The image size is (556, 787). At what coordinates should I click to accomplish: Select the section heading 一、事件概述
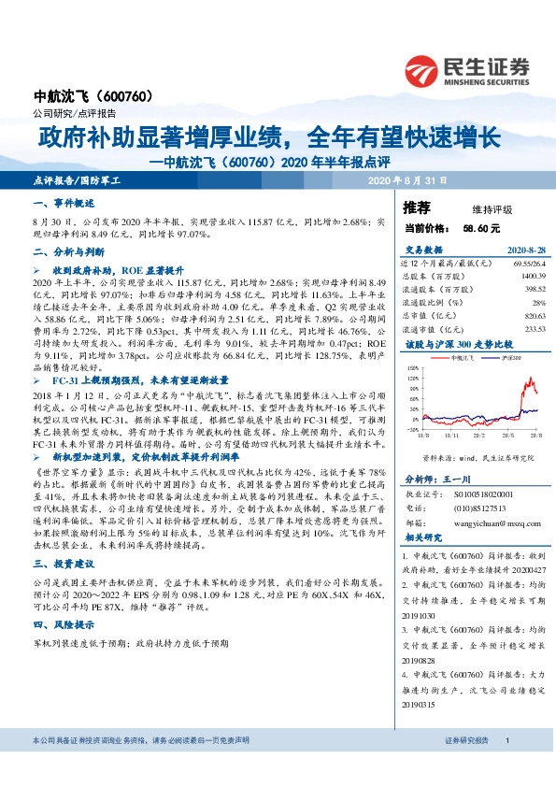click(x=64, y=203)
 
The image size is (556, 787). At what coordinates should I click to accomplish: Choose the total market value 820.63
click(x=530, y=316)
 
